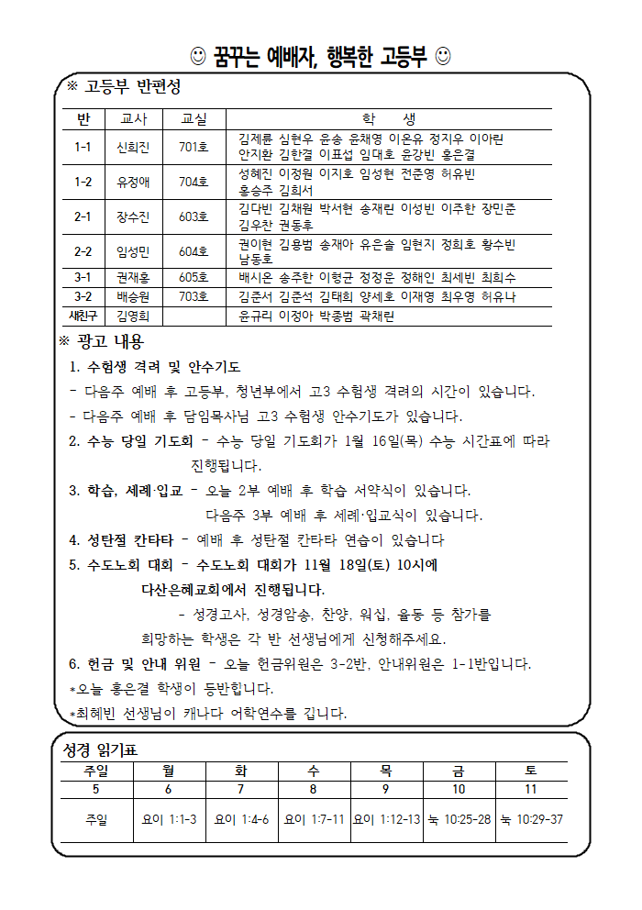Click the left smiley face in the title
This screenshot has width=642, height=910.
pyautogui.click(x=197, y=56)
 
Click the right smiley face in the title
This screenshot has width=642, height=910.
pyautogui.click(x=443, y=56)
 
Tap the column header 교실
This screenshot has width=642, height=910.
pyautogui.click(x=194, y=119)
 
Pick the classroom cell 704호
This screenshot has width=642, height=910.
pyautogui.click(x=194, y=182)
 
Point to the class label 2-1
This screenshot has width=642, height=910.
pyautogui.click(x=83, y=216)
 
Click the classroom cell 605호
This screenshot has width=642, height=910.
pyautogui.click(x=194, y=276)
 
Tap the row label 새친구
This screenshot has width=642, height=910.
pyautogui.click(x=83, y=316)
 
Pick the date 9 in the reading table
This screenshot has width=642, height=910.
pyautogui.click(x=386, y=789)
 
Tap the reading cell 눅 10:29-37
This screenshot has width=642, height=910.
pyautogui.click(x=532, y=819)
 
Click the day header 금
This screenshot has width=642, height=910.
pyautogui.click(x=459, y=770)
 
